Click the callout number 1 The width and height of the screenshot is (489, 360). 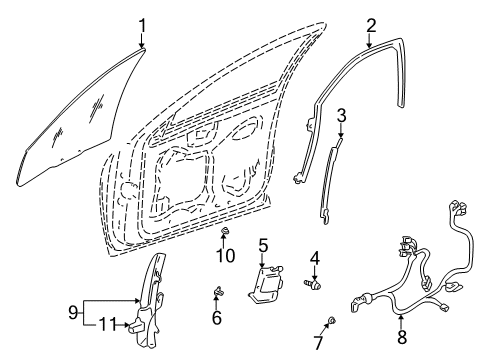coord(142,24)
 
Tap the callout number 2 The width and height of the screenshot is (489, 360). coord(371,24)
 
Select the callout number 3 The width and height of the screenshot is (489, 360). coord(341,117)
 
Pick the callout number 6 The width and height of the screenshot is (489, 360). coord(216,317)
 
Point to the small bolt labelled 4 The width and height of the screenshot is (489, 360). coord(313,284)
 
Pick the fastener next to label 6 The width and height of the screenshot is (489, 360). coord(216,293)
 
